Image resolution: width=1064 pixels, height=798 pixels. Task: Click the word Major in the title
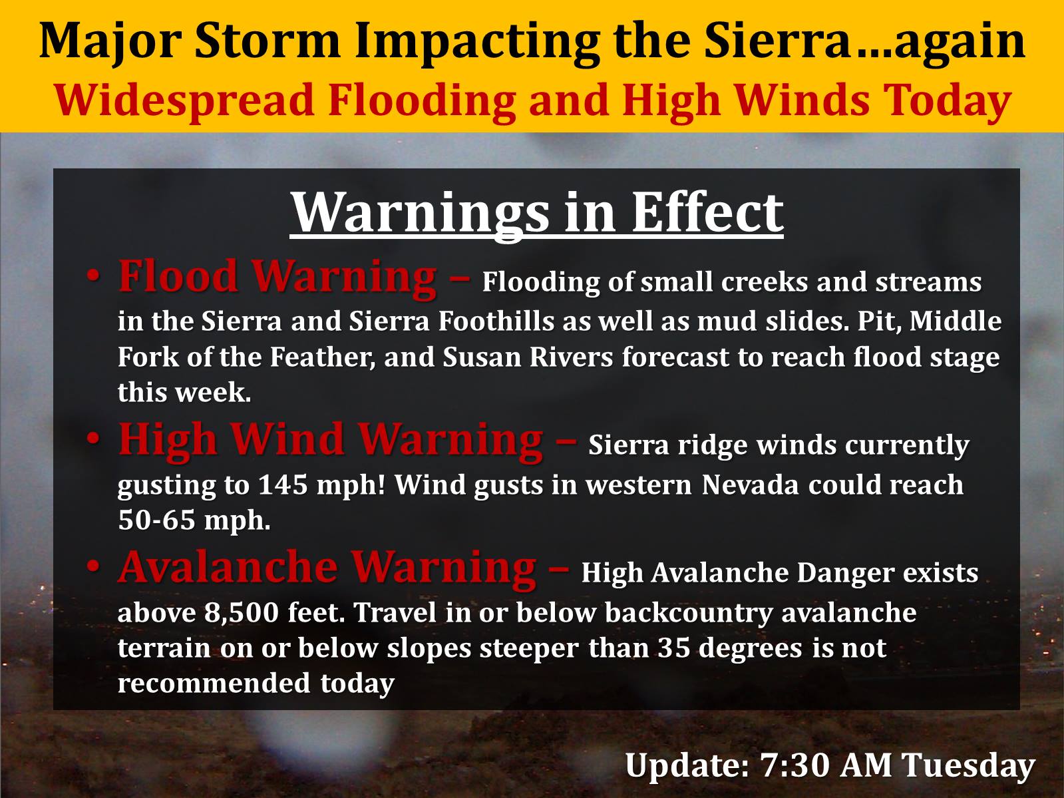pos(110,43)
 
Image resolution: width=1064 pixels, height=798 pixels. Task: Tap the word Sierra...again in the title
pos(864,43)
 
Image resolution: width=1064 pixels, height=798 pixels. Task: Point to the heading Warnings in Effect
pos(536,214)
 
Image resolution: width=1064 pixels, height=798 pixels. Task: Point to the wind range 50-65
pos(156,520)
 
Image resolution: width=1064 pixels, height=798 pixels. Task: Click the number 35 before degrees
pos(674,648)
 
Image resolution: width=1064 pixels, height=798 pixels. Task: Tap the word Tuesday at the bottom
pos(969,767)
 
